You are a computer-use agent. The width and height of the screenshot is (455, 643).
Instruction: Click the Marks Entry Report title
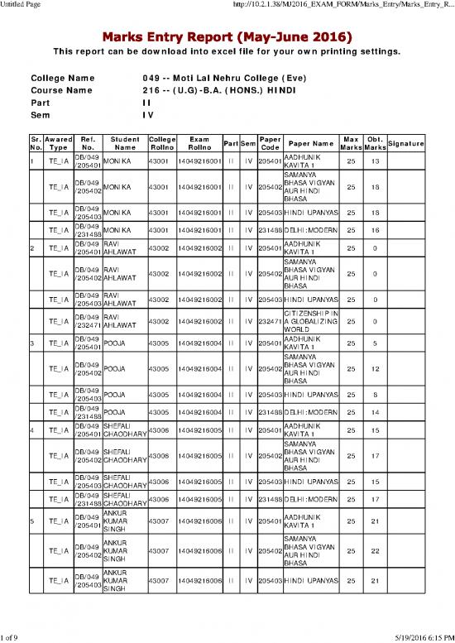click(227, 37)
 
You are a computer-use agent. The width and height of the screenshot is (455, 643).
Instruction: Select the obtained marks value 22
click(376, 550)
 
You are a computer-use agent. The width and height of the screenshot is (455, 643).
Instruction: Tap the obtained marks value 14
click(376, 411)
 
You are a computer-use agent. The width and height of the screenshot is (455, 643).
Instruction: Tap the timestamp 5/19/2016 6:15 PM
click(417, 636)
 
